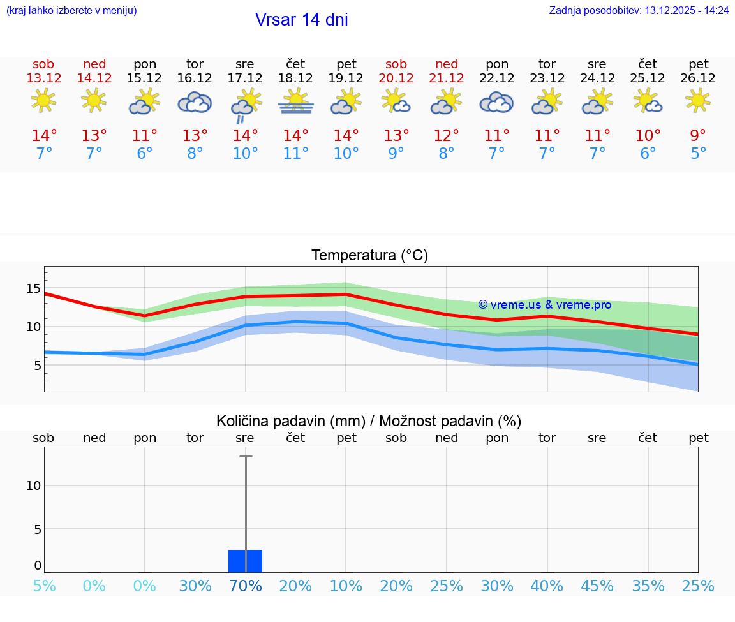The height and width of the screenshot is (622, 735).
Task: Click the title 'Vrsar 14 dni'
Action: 301,20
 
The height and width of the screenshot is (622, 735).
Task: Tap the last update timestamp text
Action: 639,10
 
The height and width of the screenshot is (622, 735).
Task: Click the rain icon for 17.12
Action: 245,105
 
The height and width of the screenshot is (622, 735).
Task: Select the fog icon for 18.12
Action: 295,102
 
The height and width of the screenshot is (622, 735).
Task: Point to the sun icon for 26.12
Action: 698,100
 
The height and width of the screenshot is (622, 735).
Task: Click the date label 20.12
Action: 396,78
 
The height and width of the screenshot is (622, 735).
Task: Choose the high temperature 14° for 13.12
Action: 44,136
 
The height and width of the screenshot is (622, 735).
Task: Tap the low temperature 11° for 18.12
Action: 295,154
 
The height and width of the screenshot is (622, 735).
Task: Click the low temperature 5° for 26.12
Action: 698,154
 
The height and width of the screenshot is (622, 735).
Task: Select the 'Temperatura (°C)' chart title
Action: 369,256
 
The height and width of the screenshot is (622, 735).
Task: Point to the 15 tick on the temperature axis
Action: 33,289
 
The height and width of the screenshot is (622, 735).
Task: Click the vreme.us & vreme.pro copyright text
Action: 544,305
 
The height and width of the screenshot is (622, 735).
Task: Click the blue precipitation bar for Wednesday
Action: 245,561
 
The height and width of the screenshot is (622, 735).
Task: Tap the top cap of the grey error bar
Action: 245,457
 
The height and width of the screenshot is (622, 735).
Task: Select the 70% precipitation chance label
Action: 245,586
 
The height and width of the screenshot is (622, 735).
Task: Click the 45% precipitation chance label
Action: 597,586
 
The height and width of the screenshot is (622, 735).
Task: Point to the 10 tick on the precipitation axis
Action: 33,485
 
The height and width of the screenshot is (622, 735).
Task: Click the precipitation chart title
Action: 369,421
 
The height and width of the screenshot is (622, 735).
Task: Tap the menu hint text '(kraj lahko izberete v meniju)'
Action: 71,10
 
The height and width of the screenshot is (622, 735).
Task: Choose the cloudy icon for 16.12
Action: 195,102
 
